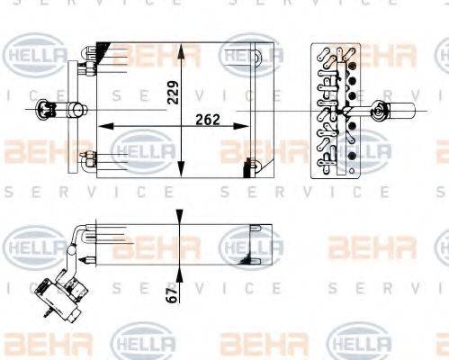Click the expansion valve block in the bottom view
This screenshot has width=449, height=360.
[x=59, y=291]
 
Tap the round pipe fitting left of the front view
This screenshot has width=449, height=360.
[x=42, y=111]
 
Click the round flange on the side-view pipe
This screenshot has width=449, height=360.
[x=379, y=111]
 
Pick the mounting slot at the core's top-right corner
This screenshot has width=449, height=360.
[x=261, y=56]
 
